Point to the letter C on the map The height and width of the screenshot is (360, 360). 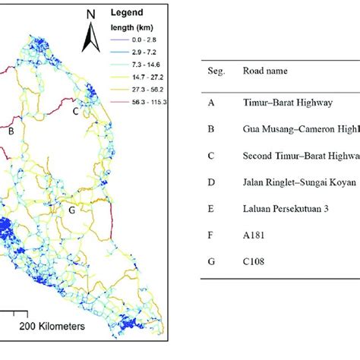click(x=75, y=111)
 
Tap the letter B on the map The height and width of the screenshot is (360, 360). click(x=11, y=132)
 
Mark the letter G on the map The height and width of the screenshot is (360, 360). click(x=71, y=210)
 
